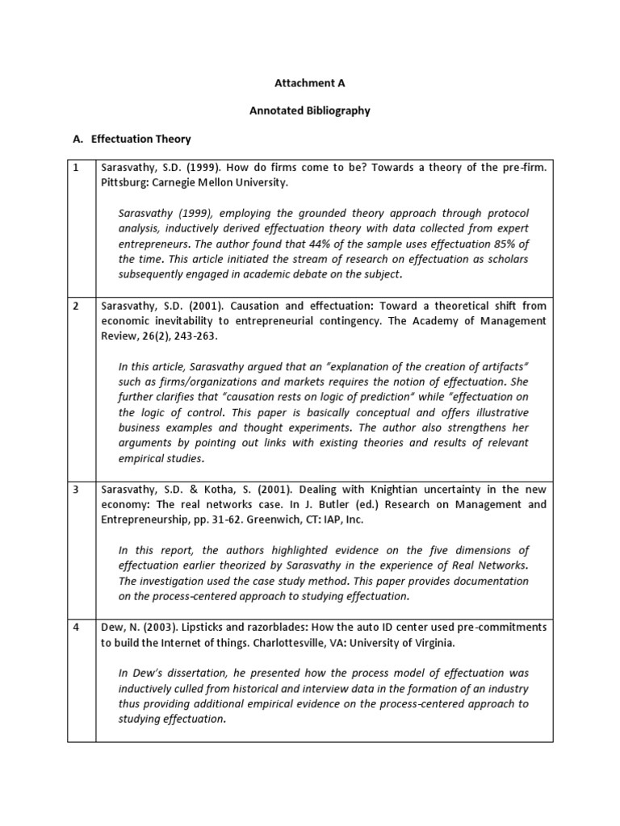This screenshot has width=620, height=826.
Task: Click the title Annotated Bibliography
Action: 310,111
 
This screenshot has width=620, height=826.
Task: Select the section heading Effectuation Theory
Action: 140,139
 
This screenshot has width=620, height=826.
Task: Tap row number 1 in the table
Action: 75,168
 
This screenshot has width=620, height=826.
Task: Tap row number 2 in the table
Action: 75,307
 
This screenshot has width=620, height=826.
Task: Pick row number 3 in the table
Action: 75,490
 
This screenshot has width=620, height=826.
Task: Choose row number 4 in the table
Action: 75,628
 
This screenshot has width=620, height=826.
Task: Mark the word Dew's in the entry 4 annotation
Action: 145,674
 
